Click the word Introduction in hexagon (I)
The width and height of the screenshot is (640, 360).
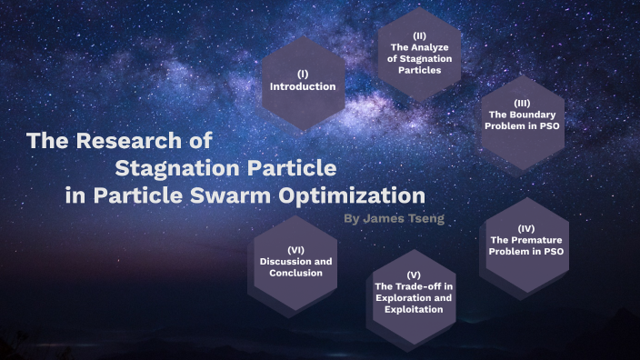click(303, 86)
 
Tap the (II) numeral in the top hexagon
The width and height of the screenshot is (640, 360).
click(419, 35)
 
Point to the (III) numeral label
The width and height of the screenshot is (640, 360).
click(522, 103)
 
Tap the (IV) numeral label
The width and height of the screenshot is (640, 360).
click(525, 227)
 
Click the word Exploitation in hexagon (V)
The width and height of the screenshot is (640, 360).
click(414, 310)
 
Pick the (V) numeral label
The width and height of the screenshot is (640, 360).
click(414, 275)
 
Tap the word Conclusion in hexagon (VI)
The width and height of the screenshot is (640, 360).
click(295, 273)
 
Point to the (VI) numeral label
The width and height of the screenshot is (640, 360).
click(295, 249)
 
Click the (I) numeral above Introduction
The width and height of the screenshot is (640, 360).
click(303, 74)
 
